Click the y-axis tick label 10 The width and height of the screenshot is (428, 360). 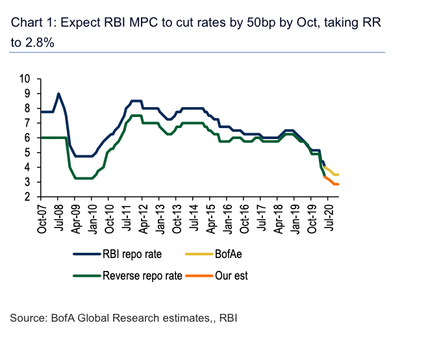[26, 79]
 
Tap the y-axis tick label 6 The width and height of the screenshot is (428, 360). [28, 138]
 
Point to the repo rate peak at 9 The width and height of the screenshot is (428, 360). [58, 94]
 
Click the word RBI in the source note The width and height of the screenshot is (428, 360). [229, 318]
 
